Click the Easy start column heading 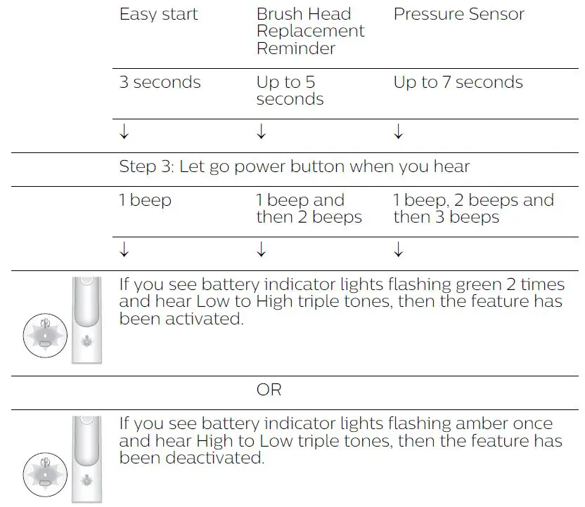pyautogui.click(x=158, y=15)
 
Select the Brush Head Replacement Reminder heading pyautogui.click(x=310, y=32)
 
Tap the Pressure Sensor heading pyautogui.click(x=458, y=15)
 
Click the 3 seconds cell pyautogui.click(x=160, y=82)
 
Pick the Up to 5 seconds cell pyautogui.click(x=290, y=91)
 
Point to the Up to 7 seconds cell pyautogui.click(x=458, y=82)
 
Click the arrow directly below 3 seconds pyautogui.click(x=124, y=132)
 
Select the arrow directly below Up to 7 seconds pyautogui.click(x=398, y=132)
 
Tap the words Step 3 pyautogui.click(x=146, y=167)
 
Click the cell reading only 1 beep pyautogui.click(x=146, y=200)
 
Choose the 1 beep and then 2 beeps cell pyautogui.click(x=309, y=209)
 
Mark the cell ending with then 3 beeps pyautogui.click(x=473, y=209)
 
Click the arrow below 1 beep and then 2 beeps pyautogui.click(x=262, y=249)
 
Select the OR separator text pyautogui.click(x=269, y=390)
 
